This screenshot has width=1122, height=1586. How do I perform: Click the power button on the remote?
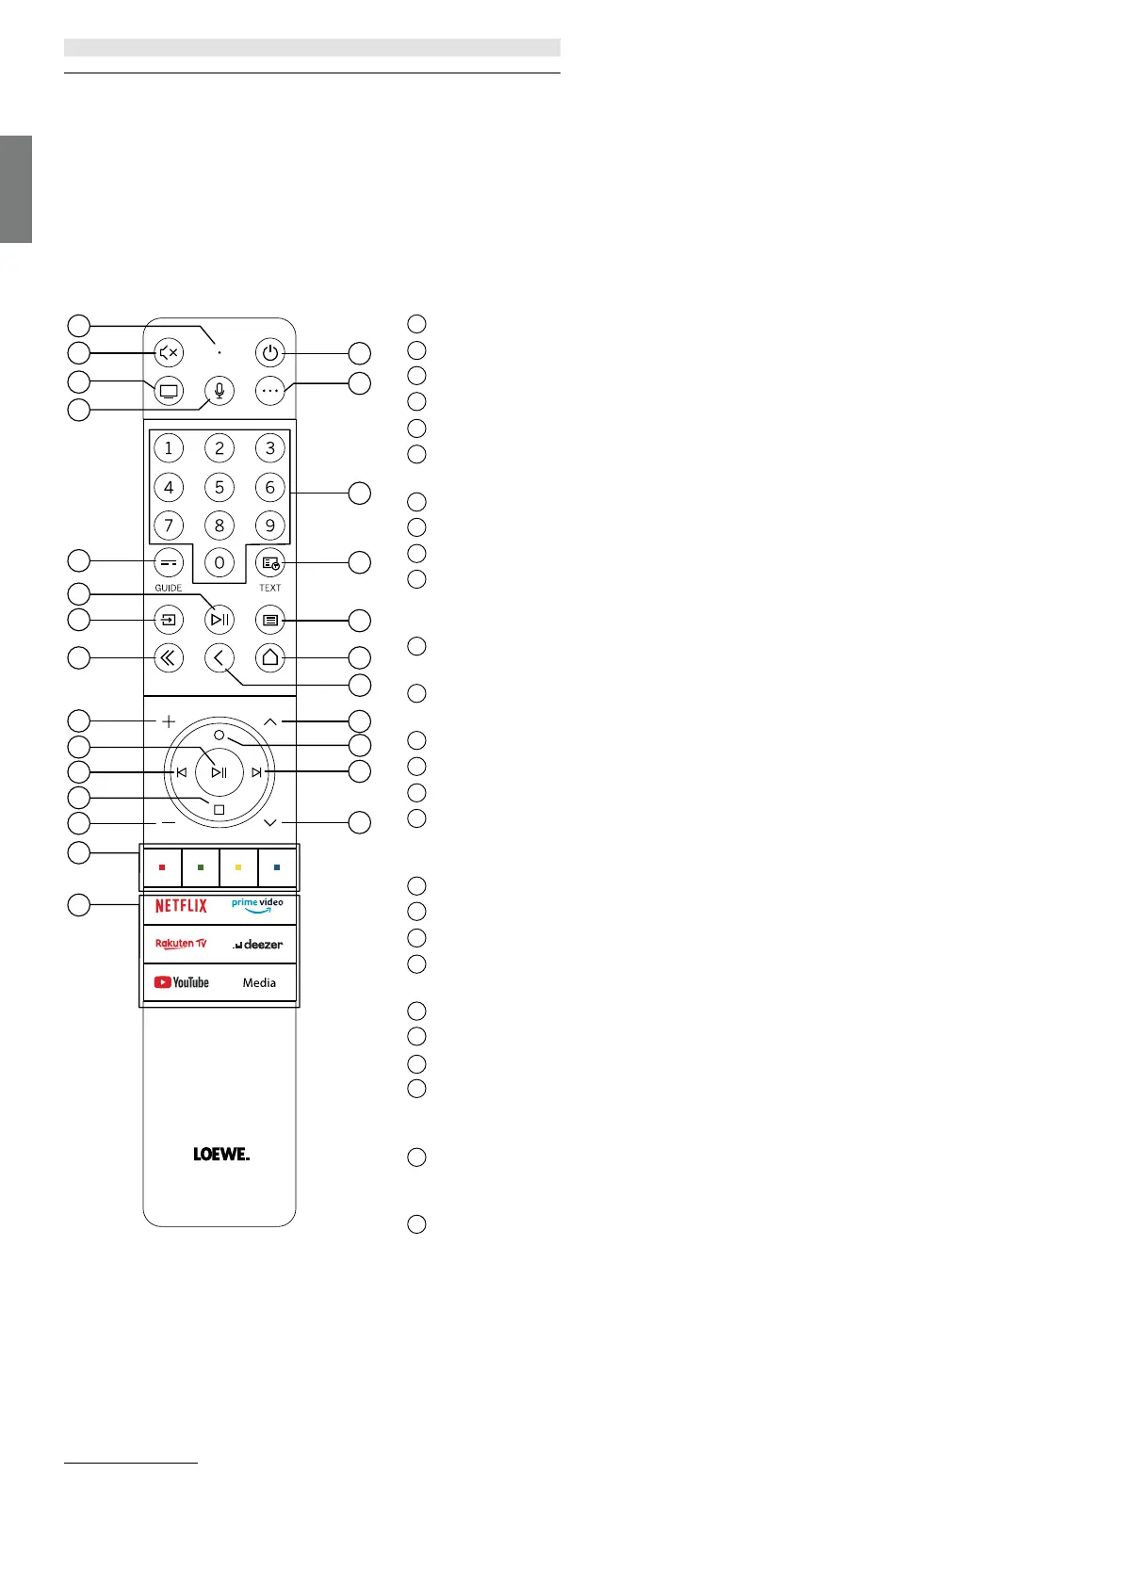270,353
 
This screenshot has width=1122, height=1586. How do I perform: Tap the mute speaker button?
169,353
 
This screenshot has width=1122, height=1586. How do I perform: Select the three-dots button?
270,390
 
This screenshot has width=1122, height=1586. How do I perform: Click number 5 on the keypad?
220,487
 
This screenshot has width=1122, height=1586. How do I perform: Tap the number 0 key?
220,562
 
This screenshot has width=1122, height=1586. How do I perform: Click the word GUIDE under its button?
169,588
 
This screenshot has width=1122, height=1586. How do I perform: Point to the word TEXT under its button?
270,588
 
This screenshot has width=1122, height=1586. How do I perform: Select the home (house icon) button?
270,657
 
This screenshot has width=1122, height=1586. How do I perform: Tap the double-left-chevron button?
169,657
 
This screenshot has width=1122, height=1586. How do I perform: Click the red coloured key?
162,867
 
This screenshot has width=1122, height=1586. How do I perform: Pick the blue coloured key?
276,867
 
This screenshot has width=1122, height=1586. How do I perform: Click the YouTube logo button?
182,982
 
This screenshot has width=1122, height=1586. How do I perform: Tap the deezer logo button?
258,944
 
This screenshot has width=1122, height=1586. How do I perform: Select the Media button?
259,982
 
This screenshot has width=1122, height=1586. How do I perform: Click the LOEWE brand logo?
221,1154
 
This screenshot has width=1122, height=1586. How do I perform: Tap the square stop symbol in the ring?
220,810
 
